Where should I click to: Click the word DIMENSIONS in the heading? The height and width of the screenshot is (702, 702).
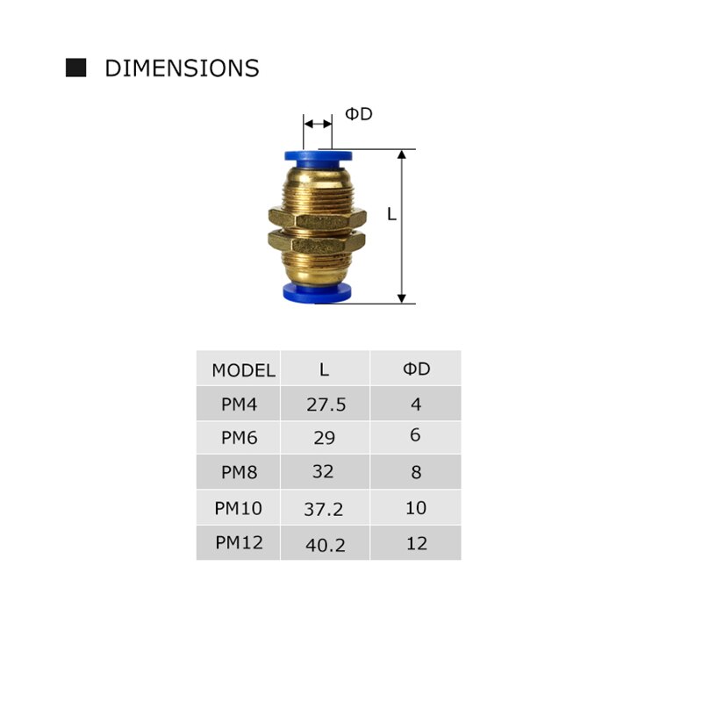click(x=182, y=68)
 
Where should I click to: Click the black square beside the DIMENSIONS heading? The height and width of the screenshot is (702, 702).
click(x=76, y=68)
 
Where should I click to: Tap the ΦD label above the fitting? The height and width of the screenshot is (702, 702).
click(x=358, y=114)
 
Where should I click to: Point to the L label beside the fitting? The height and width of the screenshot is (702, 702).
click(x=391, y=214)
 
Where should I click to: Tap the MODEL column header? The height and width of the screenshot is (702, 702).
click(x=243, y=370)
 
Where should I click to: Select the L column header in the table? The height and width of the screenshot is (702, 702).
click(x=324, y=369)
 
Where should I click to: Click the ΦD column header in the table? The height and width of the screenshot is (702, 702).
click(x=416, y=369)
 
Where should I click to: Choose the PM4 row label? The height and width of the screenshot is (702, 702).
click(x=239, y=405)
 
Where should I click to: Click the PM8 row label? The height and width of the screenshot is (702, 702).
click(x=239, y=472)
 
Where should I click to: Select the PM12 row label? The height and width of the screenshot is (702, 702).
click(x=239, y=542)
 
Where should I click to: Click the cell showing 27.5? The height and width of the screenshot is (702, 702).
click(x=326, y=405)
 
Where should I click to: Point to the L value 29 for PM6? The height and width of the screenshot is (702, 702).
click(x=324, y=437)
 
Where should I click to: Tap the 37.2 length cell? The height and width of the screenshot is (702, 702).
click(x=326, y=508)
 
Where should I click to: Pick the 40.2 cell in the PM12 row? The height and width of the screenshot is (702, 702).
click(x=326, y=545)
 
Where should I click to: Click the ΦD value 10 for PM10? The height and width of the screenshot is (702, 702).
click(x=416, y=508)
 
